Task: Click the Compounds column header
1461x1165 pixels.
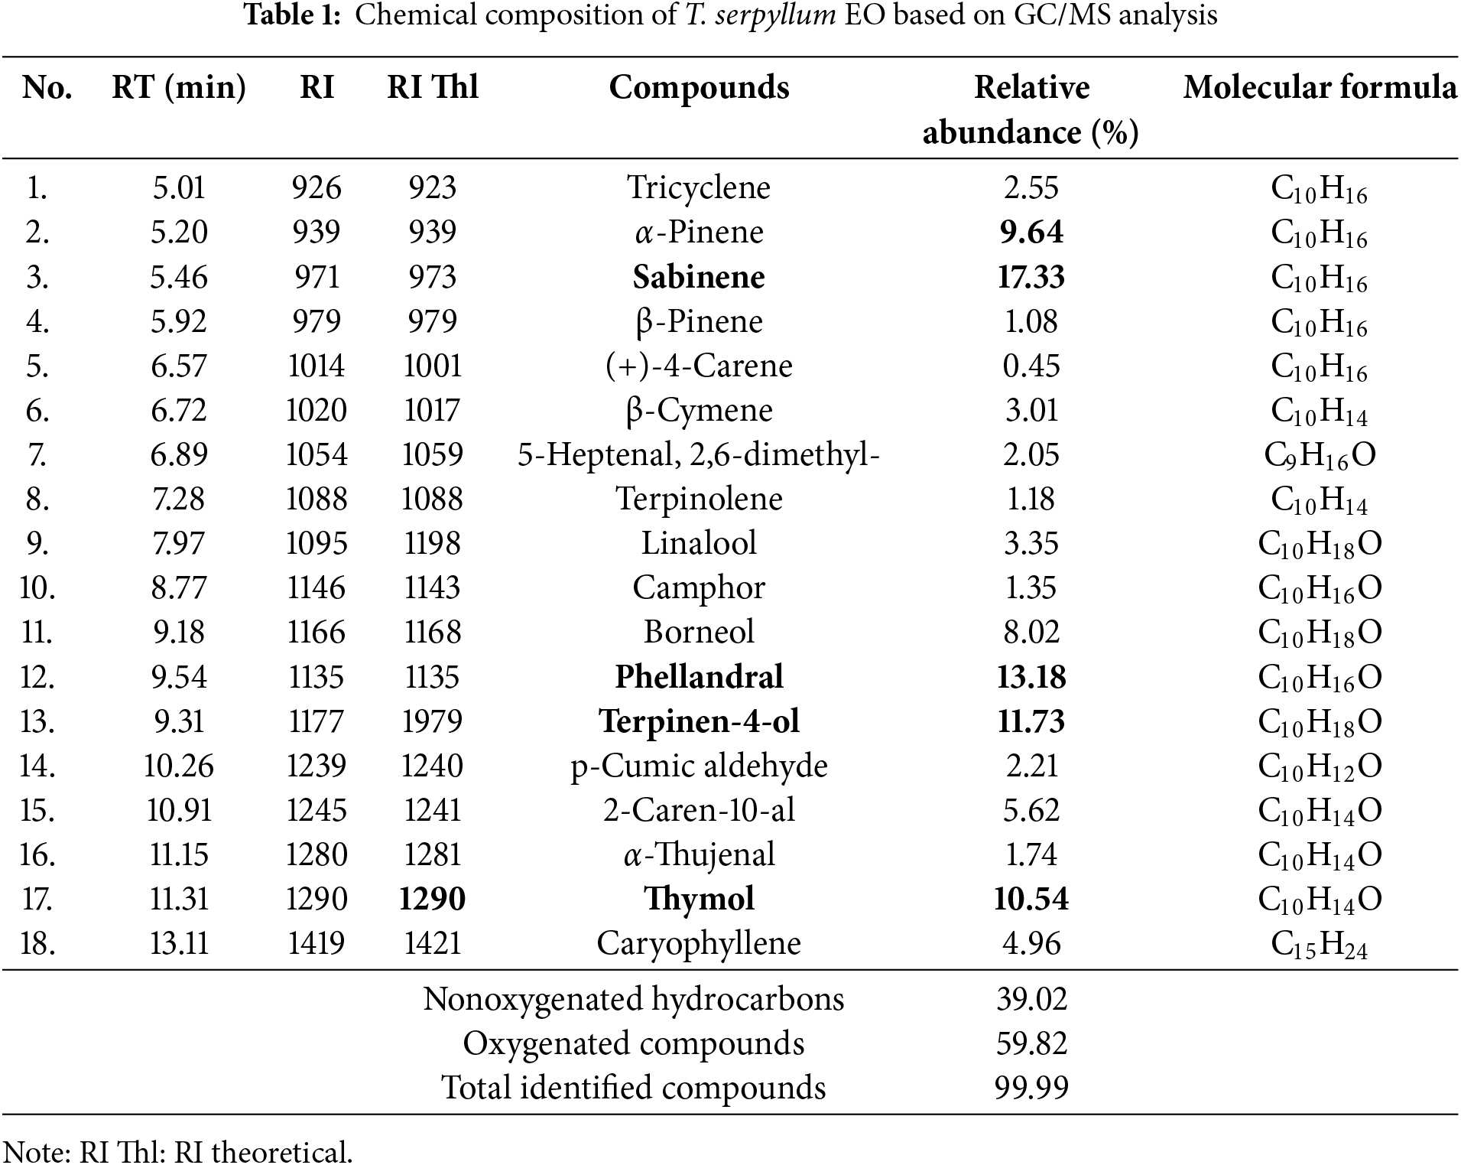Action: pos(699,88)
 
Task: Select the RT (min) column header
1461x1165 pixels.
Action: pos(179,88)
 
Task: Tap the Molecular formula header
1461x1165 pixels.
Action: pos(1320,88)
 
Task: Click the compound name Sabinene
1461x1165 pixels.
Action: pos(699,277)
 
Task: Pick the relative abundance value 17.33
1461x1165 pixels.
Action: pos(1031,277)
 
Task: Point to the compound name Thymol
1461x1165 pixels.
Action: pos(699,899)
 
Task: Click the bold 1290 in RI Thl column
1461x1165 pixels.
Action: pos(432,899)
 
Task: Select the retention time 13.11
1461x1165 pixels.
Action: pos(179,943)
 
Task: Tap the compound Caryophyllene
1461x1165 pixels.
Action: pos(699,943)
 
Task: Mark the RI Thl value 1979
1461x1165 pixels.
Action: pos(432,721)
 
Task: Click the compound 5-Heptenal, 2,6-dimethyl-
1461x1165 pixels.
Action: pos(699,455)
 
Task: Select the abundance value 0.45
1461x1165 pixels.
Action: pos(1031,366)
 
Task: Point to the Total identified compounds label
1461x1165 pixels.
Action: pos(634,1088)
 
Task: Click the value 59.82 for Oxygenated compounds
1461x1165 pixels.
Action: pos(1031,1043)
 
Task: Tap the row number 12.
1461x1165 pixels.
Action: pos(37,677)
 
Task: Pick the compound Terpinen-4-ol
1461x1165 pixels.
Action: pos(699,721)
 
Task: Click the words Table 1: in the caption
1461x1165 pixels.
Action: pos(292,15)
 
